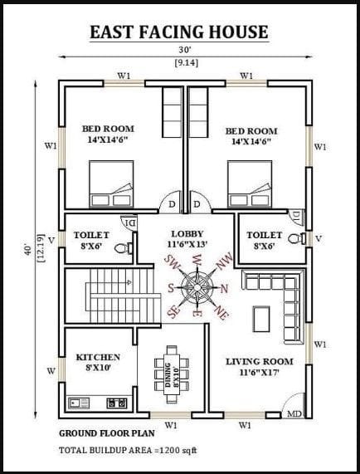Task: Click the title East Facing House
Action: [179, 32]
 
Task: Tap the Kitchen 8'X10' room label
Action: [98, 363]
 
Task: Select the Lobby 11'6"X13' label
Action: [187, 239]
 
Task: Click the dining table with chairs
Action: [172, 374]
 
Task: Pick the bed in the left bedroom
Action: [111, 184]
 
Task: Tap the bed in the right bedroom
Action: [250, 184]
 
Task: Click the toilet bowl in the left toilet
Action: [124, 248]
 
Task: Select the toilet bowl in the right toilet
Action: [297, 239]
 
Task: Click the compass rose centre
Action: [197, 286]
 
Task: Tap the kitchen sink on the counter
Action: [79, 403]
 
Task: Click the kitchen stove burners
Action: [117, 403]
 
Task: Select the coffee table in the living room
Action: [261, 319]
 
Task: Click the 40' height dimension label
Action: [27, 250]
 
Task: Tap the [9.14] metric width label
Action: [187, 63]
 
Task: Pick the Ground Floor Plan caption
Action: [107, 433]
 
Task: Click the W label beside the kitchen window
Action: [51, 371]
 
